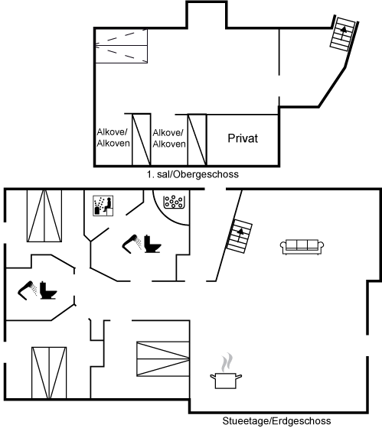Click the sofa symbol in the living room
click(302, 247)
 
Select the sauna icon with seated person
click(103, 206)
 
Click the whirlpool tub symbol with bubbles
click(174, 202)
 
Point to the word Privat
click(243, 138)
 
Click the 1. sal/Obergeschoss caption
click(192, 174)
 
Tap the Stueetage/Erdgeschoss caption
click(276, 421)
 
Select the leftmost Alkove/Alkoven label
click(113, 138)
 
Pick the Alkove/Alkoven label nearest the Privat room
click(169, 138)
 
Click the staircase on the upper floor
click(344, 34)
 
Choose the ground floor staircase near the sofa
click(240, 236)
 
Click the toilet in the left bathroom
click(48, 290)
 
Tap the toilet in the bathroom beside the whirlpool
click(152, 244)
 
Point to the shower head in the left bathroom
click(28, 290)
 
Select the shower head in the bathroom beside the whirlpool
click(132, 244)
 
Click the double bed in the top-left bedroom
click(44, 216)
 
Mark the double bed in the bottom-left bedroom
click(49, 373)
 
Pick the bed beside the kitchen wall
click(163, 358)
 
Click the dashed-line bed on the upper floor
click(122, 46)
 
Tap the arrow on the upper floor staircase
click(343, 32)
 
